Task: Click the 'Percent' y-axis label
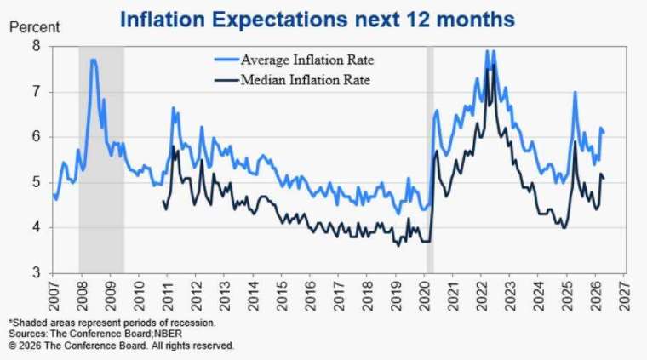(34, 28)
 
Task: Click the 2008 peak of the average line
(93, 60)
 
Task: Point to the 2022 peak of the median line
(492, 66)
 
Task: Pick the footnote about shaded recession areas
(112, 323)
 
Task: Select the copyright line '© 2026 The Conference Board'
(120, 346)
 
